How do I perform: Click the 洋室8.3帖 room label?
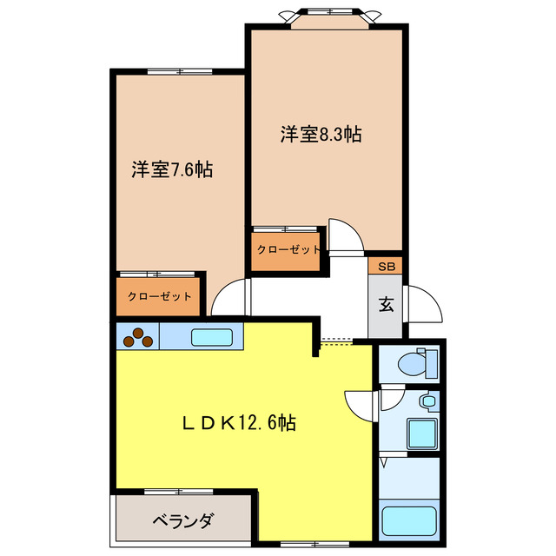pyautogui.click(x=321, y=135)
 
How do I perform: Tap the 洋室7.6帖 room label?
pyautogui.click(x=172, y=169)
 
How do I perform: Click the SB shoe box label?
pyautogui.click(x=385, y=267)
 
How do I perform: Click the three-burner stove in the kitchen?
pyautogui.click(x=137, y=336)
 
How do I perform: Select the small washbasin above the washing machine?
pyautogui.click(x=427, y=402)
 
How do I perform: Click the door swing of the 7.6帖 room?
pyautogui.click(x=229, y=299)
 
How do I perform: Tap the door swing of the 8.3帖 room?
pyautogui.click(x=341, y=236)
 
